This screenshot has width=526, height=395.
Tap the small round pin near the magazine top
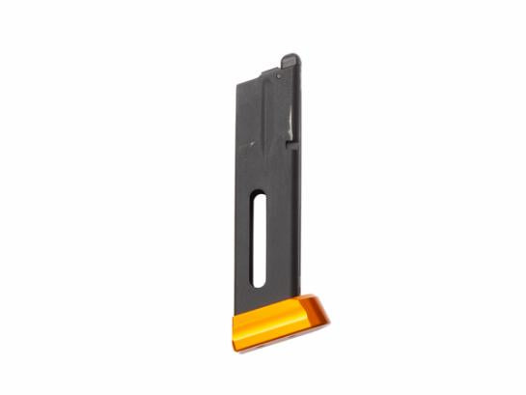pyautogui.click(x=280, y=74)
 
